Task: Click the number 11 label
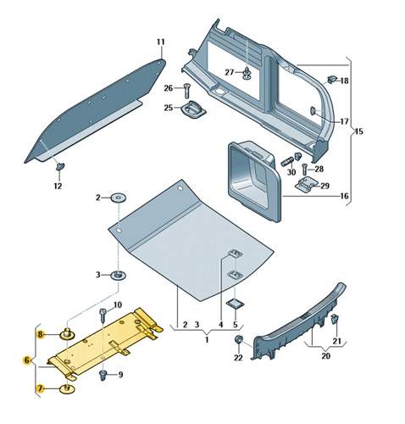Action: [161, 42]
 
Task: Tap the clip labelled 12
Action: [60, 166]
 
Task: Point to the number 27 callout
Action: [230, 72]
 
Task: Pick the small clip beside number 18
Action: [332, 80]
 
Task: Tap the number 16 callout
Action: [344, 196]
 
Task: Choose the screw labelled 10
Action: [103, 315]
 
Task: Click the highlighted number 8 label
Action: [40, 337]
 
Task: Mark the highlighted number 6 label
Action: [27, 360]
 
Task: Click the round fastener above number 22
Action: [238, 341]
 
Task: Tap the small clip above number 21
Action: [336, 321]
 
